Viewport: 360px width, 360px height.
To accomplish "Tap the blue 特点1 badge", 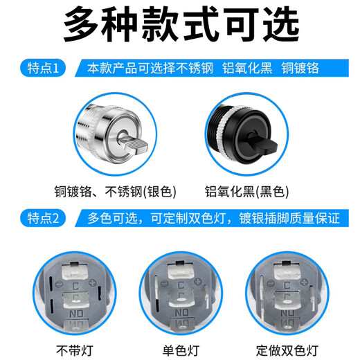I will point(43,69).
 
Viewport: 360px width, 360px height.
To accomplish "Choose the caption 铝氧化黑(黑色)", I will point(246,192).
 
